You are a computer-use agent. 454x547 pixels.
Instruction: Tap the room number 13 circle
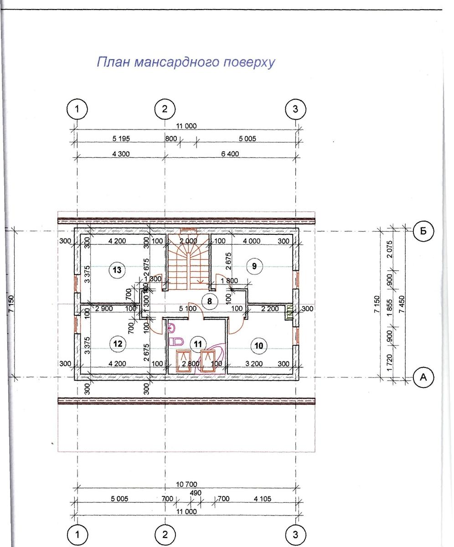pos(117,270)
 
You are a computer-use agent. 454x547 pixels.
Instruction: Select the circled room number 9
pos(254,266)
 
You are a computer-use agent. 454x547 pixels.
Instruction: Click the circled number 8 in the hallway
pos(209,301)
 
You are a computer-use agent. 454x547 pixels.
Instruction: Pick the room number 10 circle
pos(258,346)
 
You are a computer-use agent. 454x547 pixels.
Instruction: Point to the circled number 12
pos(118,343)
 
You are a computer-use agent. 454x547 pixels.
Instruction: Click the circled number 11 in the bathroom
pos(198,344)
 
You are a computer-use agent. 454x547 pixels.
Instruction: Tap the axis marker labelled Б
pos(423,231)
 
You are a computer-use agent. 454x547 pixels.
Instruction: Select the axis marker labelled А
pos(423,377)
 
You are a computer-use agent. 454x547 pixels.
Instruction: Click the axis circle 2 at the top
pos(165,109)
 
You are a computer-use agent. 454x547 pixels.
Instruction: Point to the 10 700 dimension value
pos(186,485)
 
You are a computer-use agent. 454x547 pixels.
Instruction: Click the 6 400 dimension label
pos(230,154)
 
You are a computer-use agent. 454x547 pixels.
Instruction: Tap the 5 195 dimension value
pos(121,139)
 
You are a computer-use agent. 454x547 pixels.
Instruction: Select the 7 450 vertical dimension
pos(401,304)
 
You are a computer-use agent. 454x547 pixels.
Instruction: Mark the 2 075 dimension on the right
pos(390,249)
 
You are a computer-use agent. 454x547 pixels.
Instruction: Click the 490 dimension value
pos(196,493)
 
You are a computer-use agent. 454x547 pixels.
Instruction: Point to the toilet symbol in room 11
pos(176,341)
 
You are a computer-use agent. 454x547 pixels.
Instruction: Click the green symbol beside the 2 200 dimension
pos(289,311)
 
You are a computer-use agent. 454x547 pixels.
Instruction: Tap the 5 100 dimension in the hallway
pos(188,309)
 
